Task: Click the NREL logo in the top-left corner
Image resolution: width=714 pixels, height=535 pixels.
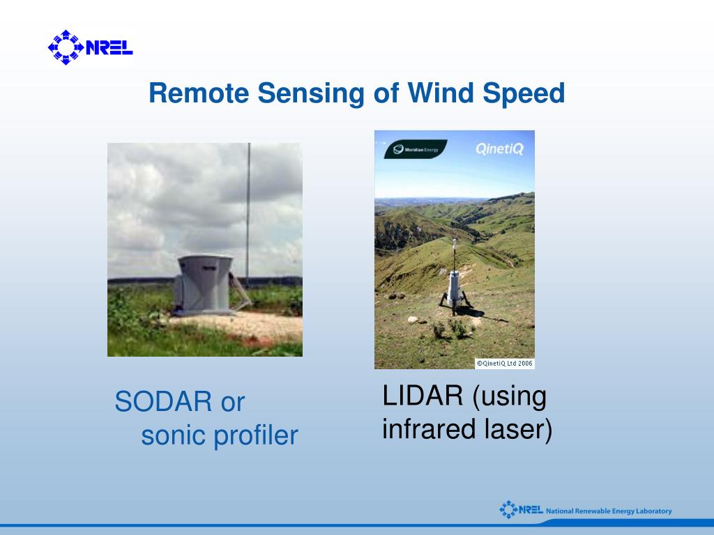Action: pyautogui.click(x=90, y=47)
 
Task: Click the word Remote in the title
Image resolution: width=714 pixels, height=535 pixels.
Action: pyautogui.click(x=199, y=93)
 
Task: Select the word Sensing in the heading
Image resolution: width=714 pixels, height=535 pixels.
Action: pyautogui.click(x=311, y=94)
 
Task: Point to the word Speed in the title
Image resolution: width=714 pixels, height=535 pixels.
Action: pyautogui.click(x=524, y=94)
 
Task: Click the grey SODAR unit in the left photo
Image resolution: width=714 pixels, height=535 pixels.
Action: pyautogui.click(x=204, y=285)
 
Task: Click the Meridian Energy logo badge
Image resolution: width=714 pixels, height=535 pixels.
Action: pyautogui.click(x=416, y=149)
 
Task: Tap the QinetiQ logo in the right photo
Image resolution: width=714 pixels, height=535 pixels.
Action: pyautogui.click(x=499, y=149)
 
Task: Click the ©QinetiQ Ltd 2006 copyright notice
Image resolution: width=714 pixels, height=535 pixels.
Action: pyautogui.click(x=505, y=364)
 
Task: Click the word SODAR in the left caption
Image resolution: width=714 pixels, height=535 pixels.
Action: pyautogui.click(x=163, y=401)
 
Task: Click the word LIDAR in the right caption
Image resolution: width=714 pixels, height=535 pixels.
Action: pyautogui.click(x=423, y=395)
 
